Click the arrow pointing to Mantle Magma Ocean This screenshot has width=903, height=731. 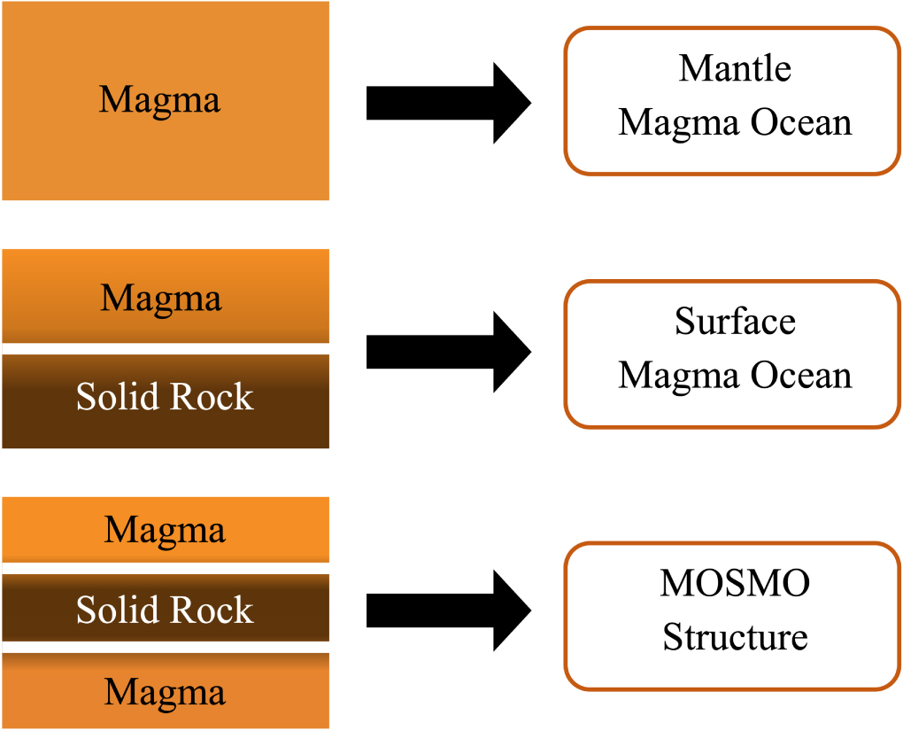pos(447,104)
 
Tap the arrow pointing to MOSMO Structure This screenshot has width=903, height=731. pos(447,610)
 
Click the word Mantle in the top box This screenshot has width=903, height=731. pos(735,68)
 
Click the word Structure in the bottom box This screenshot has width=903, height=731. pos(735,637)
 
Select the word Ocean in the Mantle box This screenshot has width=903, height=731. pos(802,122)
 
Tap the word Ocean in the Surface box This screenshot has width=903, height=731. pos(802,375)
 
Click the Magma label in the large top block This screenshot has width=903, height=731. pos(159,100)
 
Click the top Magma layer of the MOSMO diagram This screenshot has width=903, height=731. pos(165,530)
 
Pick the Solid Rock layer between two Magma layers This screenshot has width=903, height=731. pos(165,610)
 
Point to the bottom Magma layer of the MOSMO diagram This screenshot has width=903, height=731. pos(165,692)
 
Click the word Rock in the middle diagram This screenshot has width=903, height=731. pos(212,398)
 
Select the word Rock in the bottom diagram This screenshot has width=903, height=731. pos(212,610)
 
